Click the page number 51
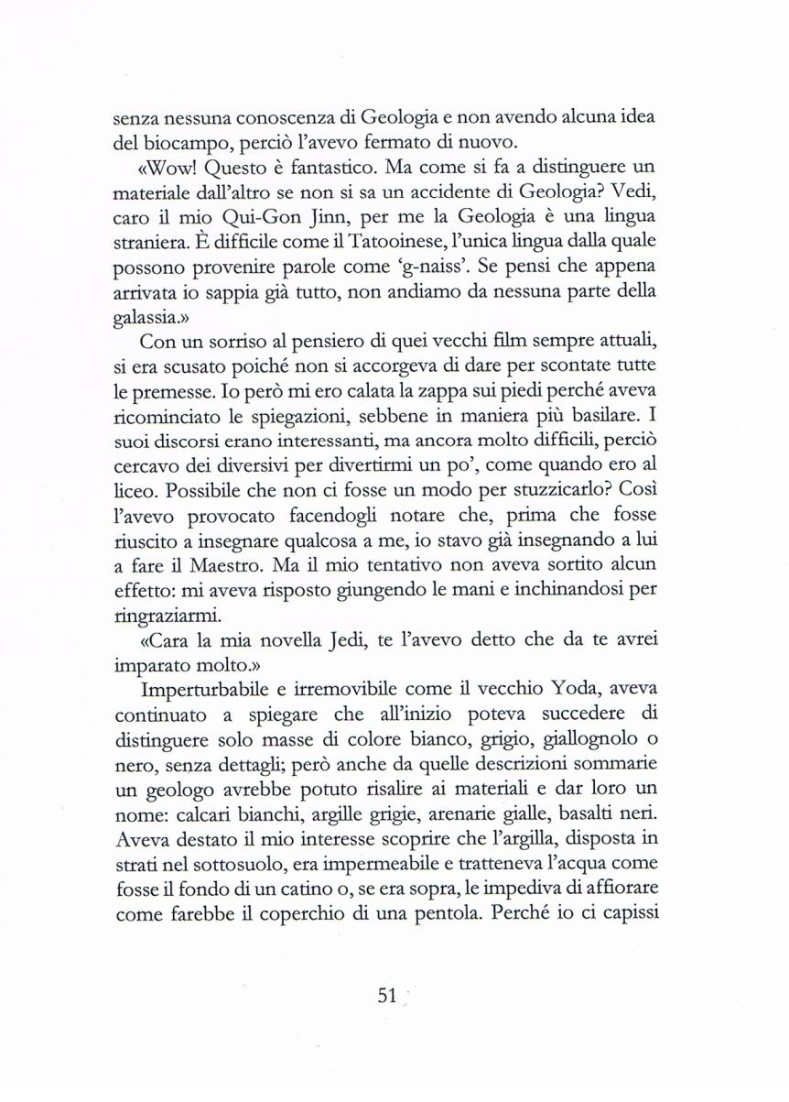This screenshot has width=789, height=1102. point(390,996)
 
